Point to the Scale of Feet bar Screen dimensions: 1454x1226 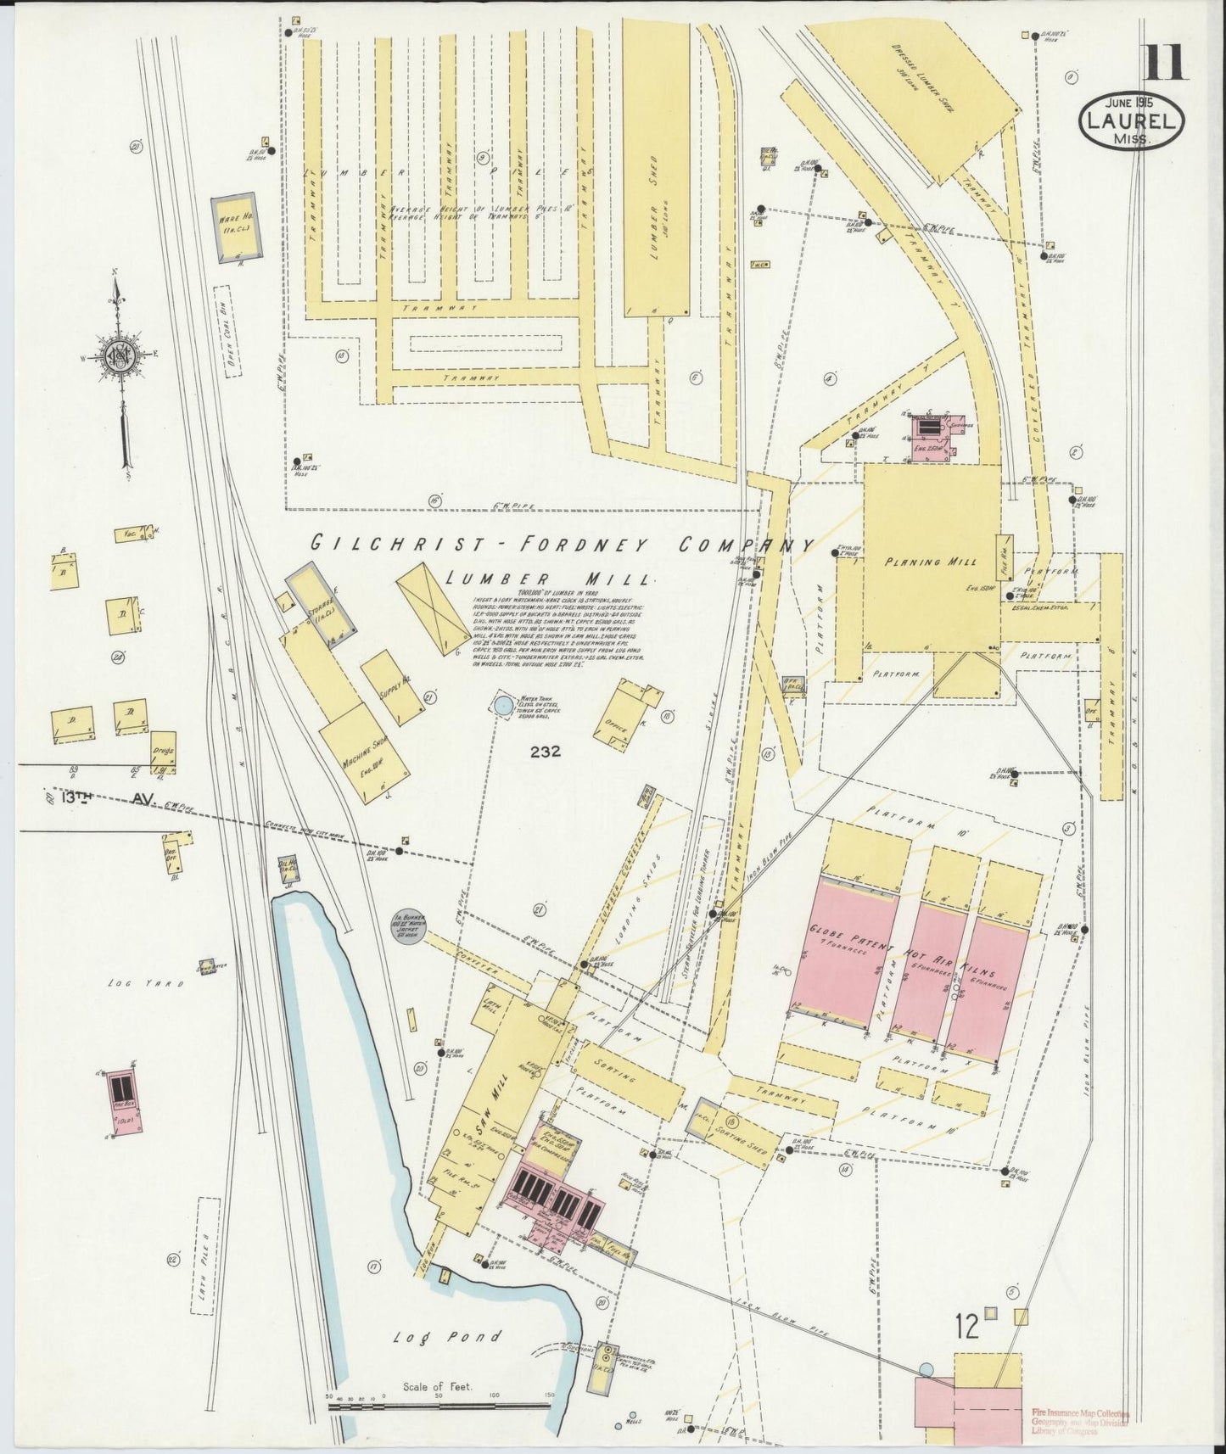[439, 1405]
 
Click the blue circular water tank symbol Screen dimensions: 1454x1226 [504, 704]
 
